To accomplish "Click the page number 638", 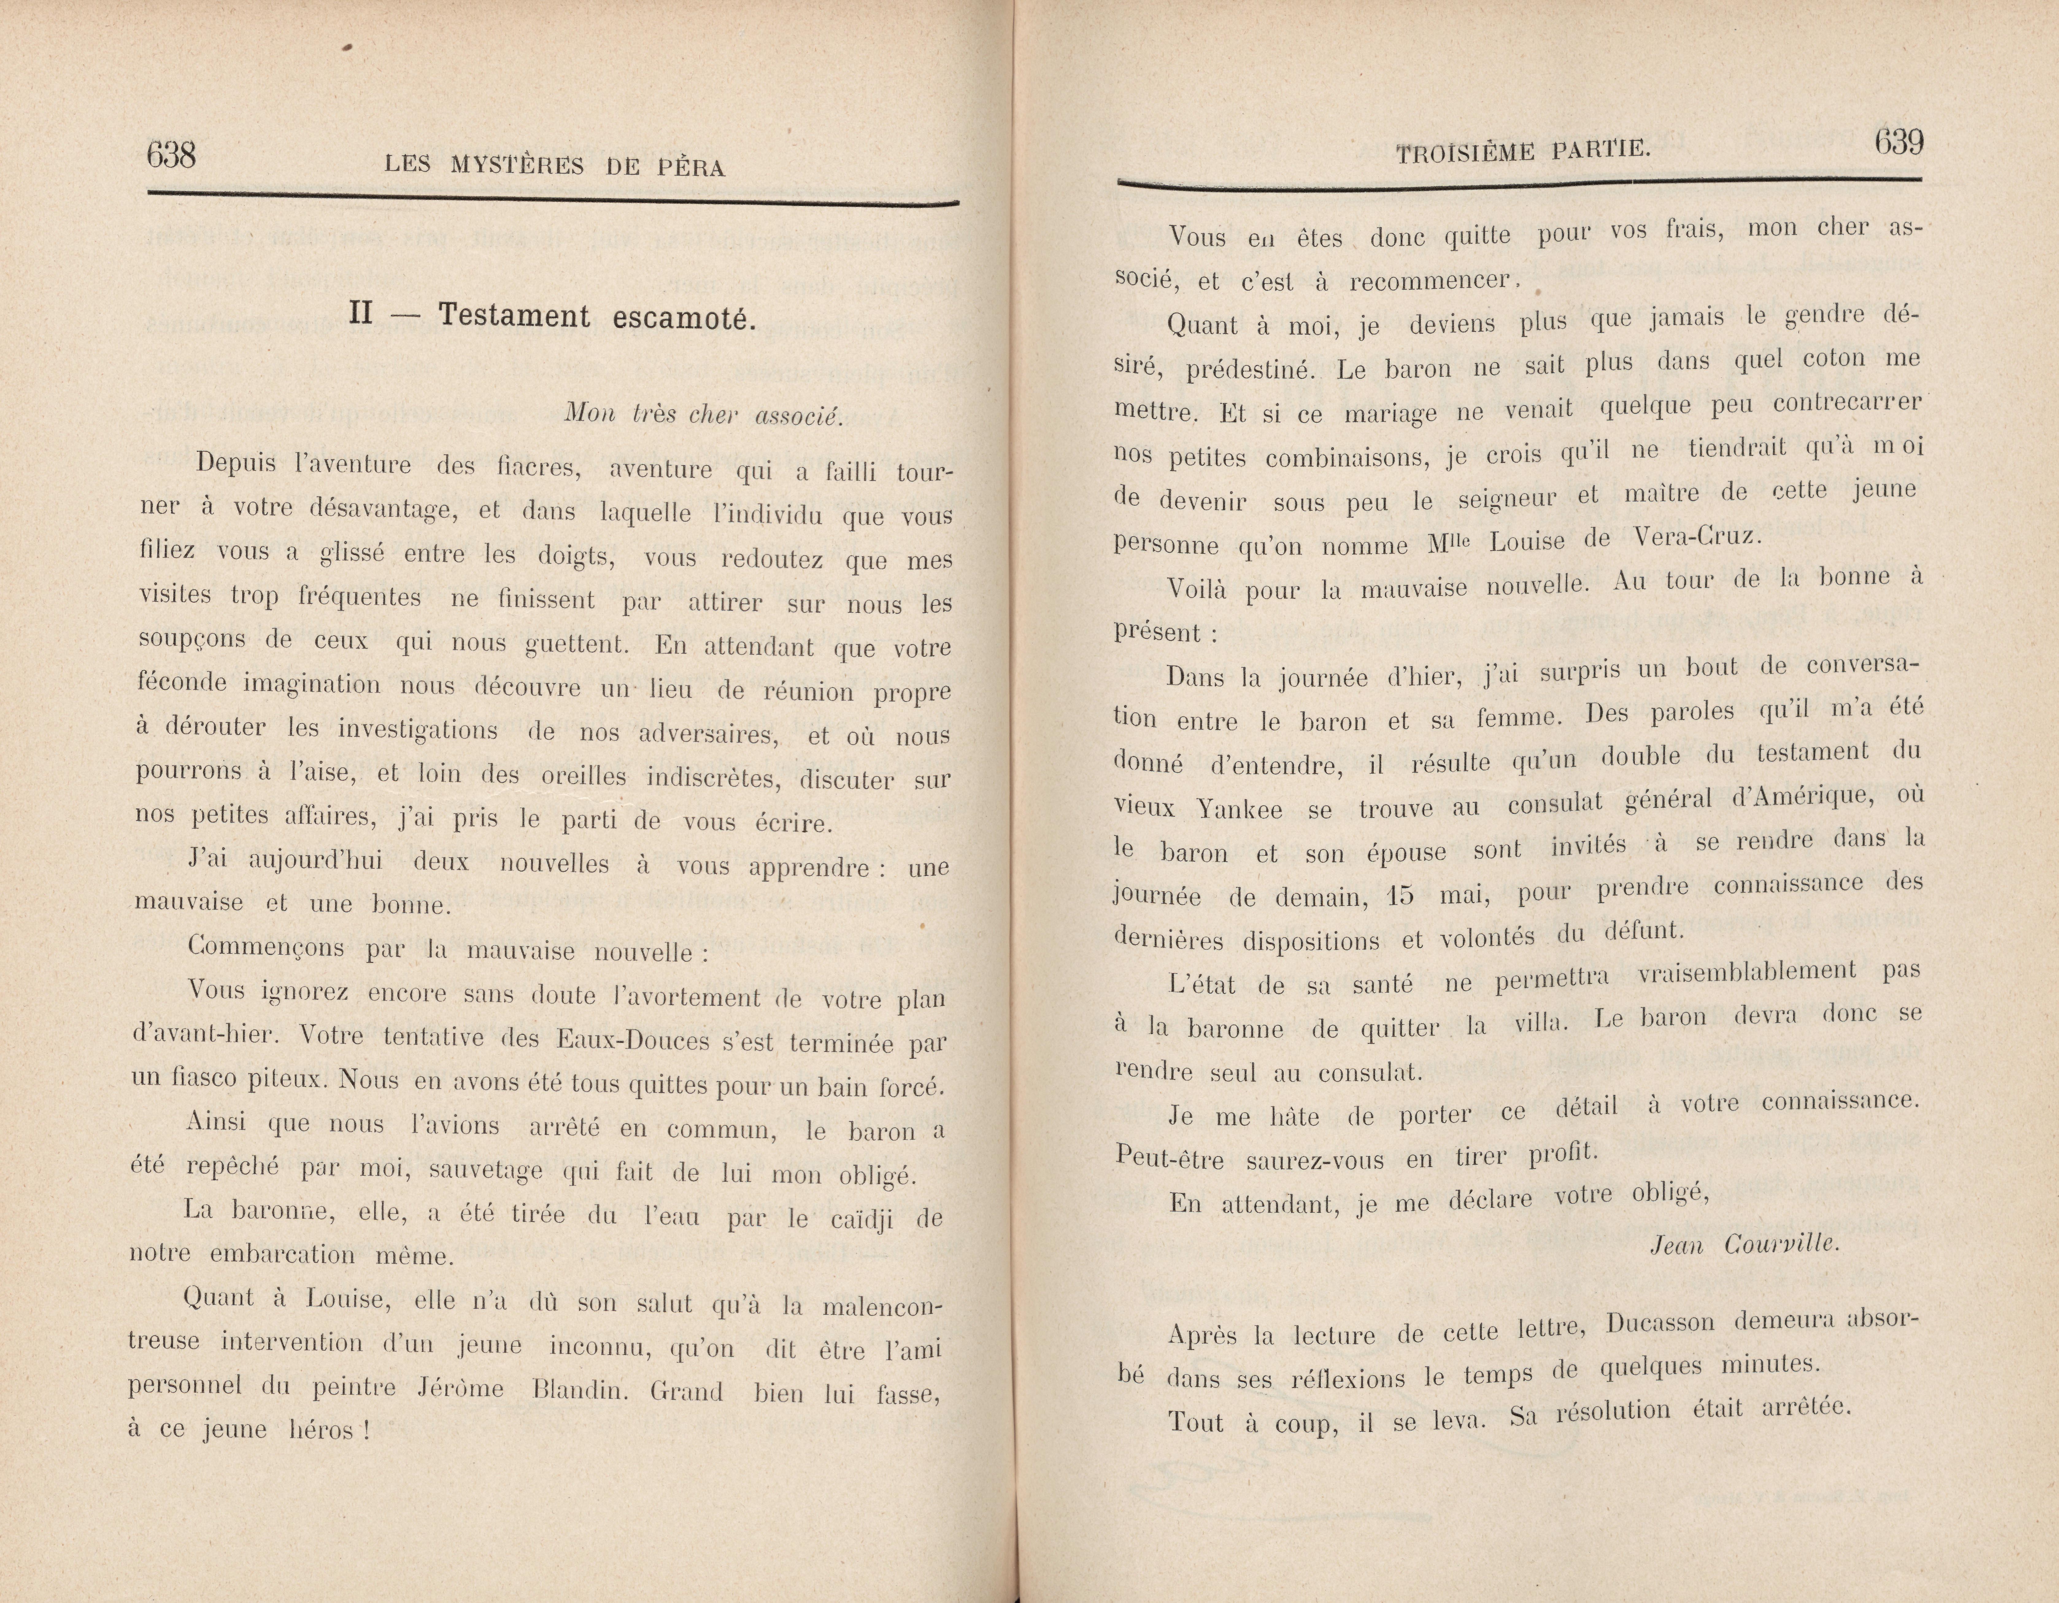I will [172, 154].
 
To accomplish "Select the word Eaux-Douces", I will [632, 1040].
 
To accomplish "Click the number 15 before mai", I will [1401, 894].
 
